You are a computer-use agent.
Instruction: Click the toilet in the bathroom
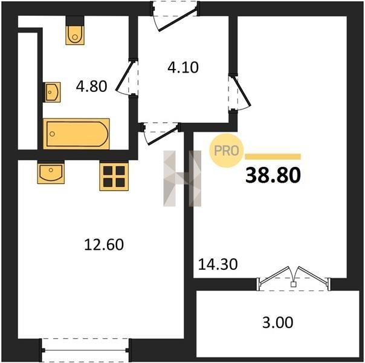point(75,35)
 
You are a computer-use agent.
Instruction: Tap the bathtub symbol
point(76,134)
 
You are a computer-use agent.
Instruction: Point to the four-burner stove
point(114,177)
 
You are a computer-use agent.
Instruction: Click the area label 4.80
point(91,86)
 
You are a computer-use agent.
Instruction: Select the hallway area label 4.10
point(183,67)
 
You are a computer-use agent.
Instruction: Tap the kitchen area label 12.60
point(104,244)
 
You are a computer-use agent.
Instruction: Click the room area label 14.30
point(218,264)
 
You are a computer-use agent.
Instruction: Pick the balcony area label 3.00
point(278,322)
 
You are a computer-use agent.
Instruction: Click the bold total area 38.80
point(273,175)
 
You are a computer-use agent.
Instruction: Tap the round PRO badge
point(226,151)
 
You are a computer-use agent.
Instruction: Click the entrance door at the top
point(175,16)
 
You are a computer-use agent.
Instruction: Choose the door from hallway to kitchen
point(161,134)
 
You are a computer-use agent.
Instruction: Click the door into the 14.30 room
point(239,93)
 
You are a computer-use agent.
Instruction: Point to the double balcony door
point(294,279)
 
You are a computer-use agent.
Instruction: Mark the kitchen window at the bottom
point(85,350)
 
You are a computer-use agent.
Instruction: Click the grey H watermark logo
point(182,178)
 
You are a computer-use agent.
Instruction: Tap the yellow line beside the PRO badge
point(273,157)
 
